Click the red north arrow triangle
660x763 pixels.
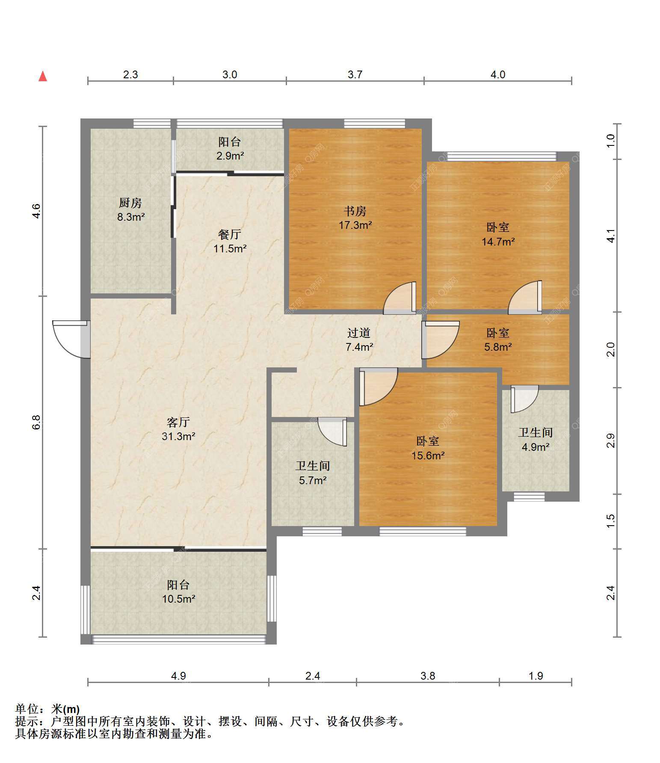pos(43,76)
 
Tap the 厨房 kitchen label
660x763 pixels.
pos(130,203)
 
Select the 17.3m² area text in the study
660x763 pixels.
pos(355,225)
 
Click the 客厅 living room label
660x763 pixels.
pos(178,423)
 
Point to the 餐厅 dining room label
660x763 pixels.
pos(230,234)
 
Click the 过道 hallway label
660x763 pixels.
pos(359,333)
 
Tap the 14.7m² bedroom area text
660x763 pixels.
pos(498,242)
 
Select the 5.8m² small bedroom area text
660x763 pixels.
pos(498,347)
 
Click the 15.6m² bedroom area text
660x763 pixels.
pos(428,455)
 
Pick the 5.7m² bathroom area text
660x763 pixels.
pos(313,480)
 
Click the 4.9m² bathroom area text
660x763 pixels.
pos(536,447)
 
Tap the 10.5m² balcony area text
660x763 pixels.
pos(179,599)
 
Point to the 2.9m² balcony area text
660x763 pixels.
pos(230,156)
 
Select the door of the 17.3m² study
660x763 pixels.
pos(400,298)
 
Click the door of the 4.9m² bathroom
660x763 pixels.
pos(524,399)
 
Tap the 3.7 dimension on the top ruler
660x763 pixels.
pos(355,75)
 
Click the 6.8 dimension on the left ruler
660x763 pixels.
pos(37,423)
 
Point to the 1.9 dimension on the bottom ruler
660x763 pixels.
pos(536,676)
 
